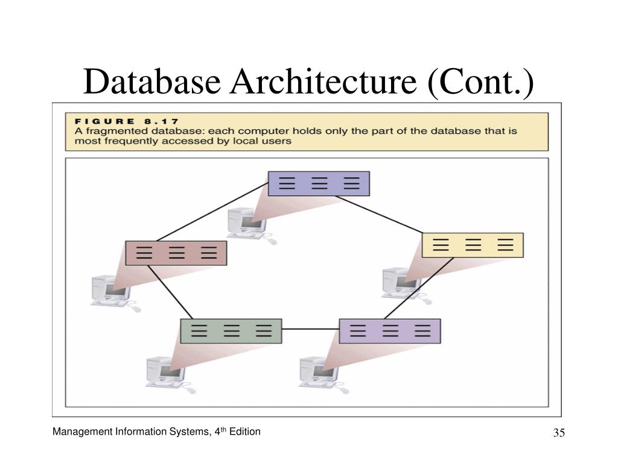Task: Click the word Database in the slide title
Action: (x=152, y=81)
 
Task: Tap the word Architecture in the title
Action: (x=323, y=81)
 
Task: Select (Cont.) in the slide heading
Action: (x=481, y=82)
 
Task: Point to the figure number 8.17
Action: (x=162, y=121)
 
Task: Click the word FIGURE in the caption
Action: (x=104, y=121)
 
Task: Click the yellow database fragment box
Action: (x=473, y=245)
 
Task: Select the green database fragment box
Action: (x=231, y=331)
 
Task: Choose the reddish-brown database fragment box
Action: (x=176, y=253)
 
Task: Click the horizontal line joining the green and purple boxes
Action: (x=311, y=329)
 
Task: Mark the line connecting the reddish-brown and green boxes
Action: (x=170, y=292)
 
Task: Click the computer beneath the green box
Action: (x=170, y=374)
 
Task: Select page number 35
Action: (x=559, y=433)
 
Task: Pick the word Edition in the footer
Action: (x=245, y=432)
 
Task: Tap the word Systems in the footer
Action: (x=190, y=432)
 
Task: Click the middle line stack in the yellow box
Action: (x=473, y=245)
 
